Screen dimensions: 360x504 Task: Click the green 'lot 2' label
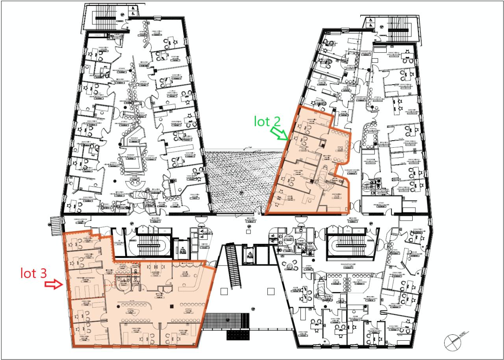(267, 121)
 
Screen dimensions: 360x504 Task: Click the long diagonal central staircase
(233, 266)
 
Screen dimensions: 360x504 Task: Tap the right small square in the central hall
(271, 292)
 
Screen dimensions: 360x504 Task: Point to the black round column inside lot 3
(119, 305)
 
